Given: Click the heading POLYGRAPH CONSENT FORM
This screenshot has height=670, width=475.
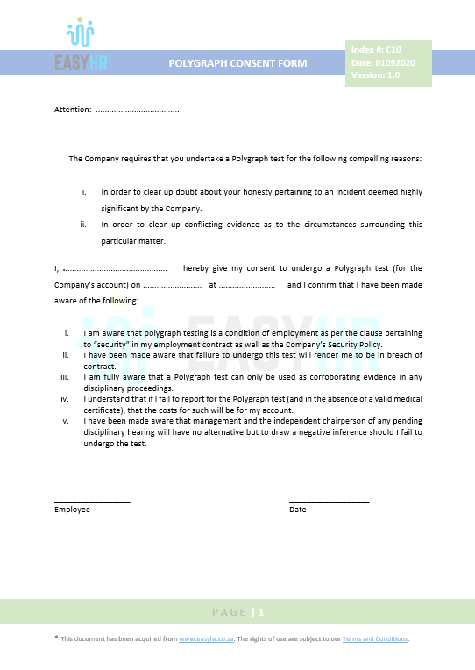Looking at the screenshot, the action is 238,63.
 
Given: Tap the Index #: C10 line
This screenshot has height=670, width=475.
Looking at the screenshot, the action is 375,51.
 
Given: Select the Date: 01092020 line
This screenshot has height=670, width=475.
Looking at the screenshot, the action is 381,63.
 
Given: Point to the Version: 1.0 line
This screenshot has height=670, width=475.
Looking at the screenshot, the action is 375,75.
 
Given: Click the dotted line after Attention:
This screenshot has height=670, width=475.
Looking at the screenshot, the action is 138,110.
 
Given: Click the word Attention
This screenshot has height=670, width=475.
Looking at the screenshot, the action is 72,110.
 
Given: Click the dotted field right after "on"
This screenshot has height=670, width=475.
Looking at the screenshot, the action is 172,286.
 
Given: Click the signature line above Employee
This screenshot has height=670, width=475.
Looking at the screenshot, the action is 92,501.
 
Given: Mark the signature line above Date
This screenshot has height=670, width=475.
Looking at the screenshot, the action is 329,501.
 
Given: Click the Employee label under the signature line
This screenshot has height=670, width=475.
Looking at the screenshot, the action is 72,510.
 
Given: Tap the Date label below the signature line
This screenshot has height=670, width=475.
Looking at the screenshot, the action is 298,510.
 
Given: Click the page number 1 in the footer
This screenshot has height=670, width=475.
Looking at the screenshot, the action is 261,612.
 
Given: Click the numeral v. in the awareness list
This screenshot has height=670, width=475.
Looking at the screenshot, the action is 66,421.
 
